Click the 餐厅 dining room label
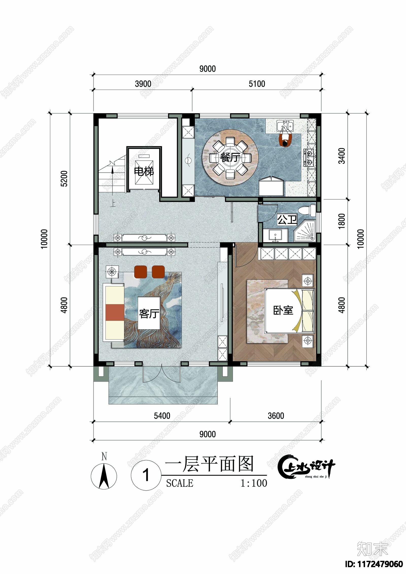(x=230, y=157)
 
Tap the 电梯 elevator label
(x=144, y=172)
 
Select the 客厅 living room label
(x=149, y=314)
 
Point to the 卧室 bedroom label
(x=283, y=310)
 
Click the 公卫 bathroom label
(x=287, y=220)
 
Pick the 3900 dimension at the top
(x=143, y=84)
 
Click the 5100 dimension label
(x=257, y=84)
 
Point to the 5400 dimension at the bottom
(x=162, y=416)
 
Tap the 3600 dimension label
(x=276, y=416)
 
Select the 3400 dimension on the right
(x=342, y=156)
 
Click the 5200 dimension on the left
(x=64, y=179)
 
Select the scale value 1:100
(x=254, y=483)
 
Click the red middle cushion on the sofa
(x=115, y=312)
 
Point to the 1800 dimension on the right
(x=342, y=221)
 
